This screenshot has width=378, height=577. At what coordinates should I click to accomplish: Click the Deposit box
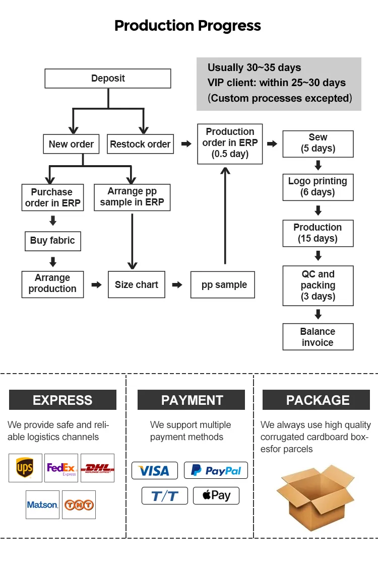(108, 79)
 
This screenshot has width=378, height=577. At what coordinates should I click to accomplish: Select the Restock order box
(140, 144)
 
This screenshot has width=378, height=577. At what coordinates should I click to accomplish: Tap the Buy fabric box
(52, 241)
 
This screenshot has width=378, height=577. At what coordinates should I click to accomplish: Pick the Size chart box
(137, 284)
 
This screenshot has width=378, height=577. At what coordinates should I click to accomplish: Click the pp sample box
(224, 285)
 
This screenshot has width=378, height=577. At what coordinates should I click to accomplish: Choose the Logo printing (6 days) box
(318, 186)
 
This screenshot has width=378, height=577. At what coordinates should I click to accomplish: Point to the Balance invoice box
(318, 337)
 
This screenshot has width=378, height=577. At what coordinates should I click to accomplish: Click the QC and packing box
(318, 285)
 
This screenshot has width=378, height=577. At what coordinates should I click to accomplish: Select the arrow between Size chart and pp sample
(177, 285)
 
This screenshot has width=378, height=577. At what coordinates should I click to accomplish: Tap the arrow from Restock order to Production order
(186, 144)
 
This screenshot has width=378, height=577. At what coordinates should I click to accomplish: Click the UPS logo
(25, 468)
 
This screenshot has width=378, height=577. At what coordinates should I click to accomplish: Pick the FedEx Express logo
(61, 468)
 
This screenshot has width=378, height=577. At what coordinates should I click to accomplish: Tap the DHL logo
(98, 468)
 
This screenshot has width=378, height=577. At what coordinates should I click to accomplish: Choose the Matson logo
(43, 504)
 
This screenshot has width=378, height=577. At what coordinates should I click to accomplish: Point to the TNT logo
(79, 504)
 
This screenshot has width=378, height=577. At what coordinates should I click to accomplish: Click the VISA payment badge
(154, 470)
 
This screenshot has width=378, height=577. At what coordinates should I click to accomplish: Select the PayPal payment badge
(216, 470)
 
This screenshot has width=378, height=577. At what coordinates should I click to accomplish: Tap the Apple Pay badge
(216, 495)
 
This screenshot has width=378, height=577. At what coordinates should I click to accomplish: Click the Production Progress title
(187, 26)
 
